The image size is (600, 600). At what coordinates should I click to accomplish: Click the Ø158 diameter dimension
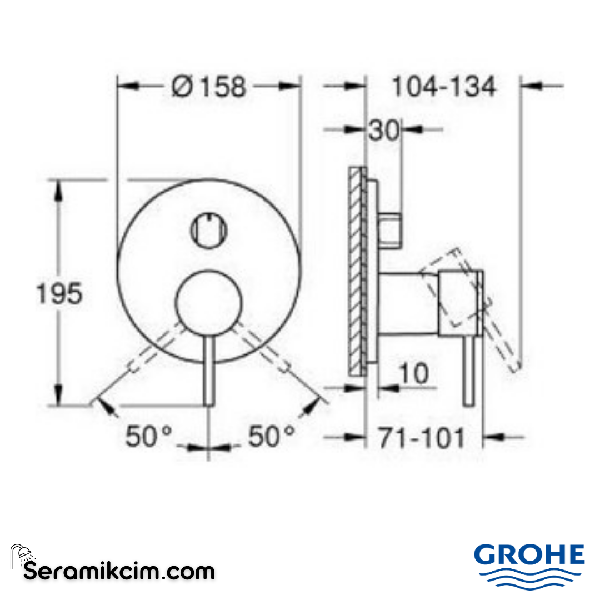(209, 87)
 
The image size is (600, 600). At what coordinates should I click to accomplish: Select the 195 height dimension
(59, 293)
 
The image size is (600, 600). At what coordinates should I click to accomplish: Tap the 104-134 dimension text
(443, 87)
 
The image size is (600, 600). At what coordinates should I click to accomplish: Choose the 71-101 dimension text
(422, 438)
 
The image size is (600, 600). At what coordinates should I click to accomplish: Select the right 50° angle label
(271, 436)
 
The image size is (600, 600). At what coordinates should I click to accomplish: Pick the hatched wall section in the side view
(356, 269)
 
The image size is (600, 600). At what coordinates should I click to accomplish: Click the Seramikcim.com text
(119, 571)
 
